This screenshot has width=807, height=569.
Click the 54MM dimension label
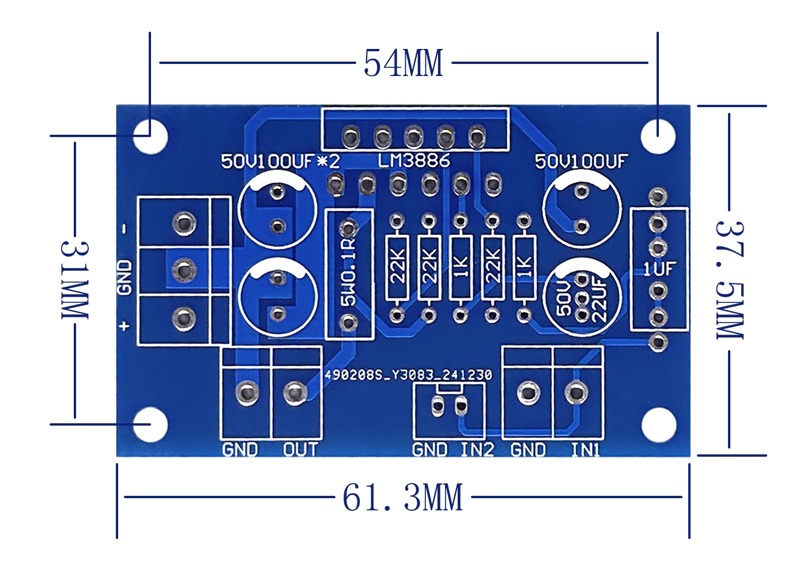(403, 63)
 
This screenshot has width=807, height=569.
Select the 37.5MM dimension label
(730, 280)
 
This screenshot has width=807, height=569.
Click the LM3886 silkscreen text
(414, 160)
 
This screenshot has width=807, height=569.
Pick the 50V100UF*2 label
(281, 162)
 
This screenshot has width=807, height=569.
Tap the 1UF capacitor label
(659, 268)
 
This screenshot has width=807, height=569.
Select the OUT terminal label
(300, 449)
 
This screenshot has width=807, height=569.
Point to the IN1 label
(585, 449)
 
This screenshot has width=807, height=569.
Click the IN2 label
(477, 449)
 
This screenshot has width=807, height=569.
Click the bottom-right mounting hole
(658, 425)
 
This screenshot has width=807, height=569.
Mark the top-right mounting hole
(658, 136)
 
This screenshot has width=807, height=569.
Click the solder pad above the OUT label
(295, 393)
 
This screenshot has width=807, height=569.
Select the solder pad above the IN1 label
(576, 393)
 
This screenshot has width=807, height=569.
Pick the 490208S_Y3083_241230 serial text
(408, 375)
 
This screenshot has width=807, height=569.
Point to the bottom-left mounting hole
(151, 425)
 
